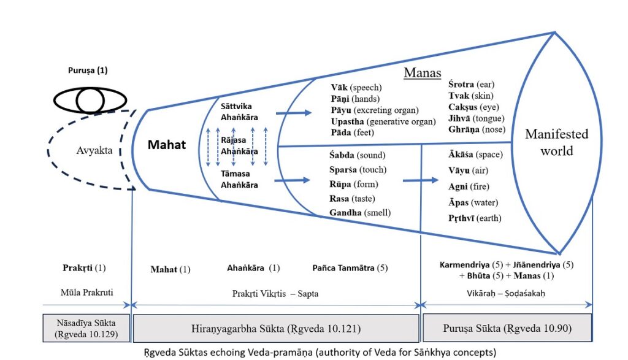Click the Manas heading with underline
tap(422, 73)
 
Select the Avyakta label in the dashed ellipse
tap(94, 150)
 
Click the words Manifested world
tap(556, 142)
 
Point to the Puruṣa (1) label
tap(88, 71)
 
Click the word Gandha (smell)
tap(359, 213)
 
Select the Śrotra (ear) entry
tap(471, 84)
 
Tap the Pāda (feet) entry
tap(351, 132)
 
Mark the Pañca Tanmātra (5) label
tap(350, 268)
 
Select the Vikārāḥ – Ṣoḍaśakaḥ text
tap(507, 293)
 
